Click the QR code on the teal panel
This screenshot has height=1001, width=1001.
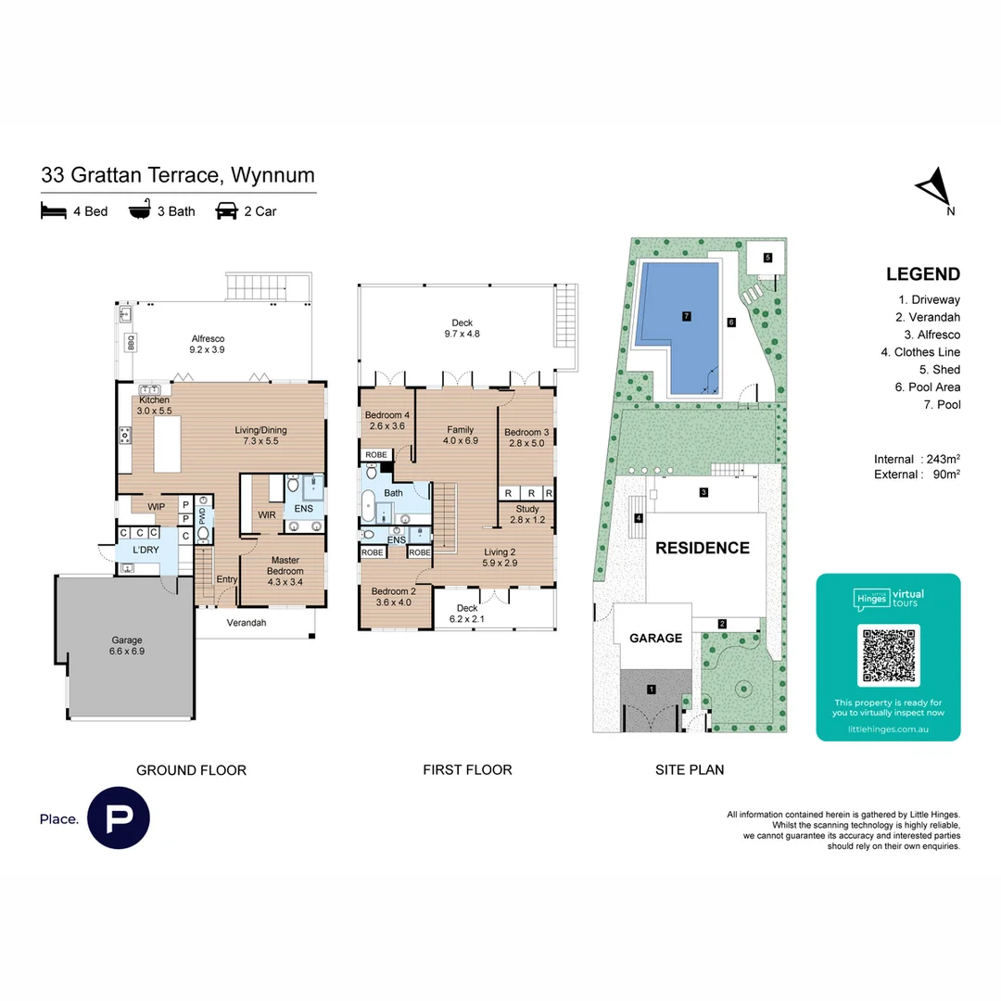pyautogui.click(x=888, y=655)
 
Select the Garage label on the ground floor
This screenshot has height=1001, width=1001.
pyautogui.click(x=127, y=646)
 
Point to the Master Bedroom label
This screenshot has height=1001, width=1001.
pyautogui.click(x=285, y=565)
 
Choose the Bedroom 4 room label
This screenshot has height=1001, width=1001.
pyautogui.click(x=387, y=420)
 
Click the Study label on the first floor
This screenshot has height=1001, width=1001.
pyautogui.click(x=527, y=514)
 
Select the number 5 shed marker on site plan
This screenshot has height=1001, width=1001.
pyautogui.click(x=767, y=257)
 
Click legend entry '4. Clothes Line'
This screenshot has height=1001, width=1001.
pyautogui.click(x=919, y=352)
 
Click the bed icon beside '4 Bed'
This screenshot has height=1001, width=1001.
pyautogui.click(x=54, y=211)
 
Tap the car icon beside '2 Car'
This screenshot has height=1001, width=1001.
pyautogui.click(x=226, y=211)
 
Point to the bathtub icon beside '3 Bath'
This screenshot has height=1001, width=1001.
pyautogui.click(x=140, y=210)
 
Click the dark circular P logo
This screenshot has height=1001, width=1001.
pyautogui.click(x=119, y=818)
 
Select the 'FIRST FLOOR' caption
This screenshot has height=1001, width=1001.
pyautogui.click(x=467, y=769)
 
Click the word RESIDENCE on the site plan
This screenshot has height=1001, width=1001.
pyautogui.click(x=702, y=548)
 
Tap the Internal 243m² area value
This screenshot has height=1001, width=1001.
pyautogui.click(x=942, y=459)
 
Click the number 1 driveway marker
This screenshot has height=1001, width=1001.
pyautogui.click(x=652, y=689)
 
